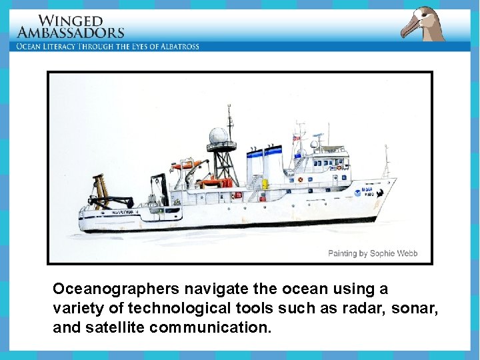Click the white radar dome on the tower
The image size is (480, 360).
218,135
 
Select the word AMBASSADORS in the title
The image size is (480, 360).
71,32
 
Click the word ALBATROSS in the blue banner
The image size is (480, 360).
176,46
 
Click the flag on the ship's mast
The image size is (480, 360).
297,138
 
